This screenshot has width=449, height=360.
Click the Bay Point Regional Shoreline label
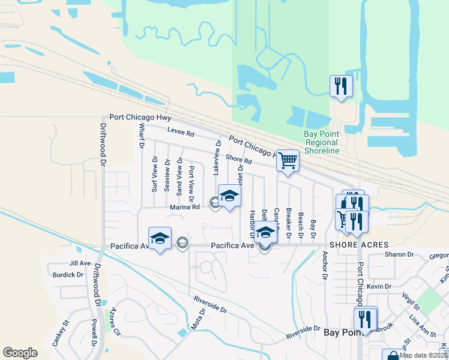(322, 142)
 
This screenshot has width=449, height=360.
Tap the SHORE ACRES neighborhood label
(359, 245)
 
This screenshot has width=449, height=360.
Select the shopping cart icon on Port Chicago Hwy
(288, 161)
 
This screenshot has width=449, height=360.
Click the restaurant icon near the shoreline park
(341, 86)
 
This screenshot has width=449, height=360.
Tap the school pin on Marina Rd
(229, 196)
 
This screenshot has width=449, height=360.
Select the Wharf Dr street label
(142, 136)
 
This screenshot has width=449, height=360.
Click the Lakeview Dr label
(218, 158)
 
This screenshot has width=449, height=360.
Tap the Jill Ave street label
(79, 263)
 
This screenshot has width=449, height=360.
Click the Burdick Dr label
(68, 275)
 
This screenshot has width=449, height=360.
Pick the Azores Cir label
(113, 323)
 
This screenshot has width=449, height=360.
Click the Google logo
(20, 353)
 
